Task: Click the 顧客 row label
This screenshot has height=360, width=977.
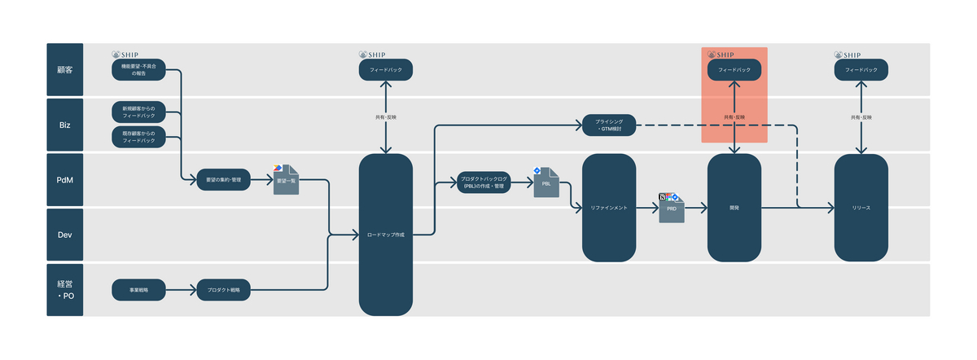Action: tap(64, 70)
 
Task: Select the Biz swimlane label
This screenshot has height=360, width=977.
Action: tap(64, 125)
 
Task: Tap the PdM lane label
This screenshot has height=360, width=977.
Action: tap(64, 179)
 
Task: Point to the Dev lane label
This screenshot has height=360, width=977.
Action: tap(64, 235)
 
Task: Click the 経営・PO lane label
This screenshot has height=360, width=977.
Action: tap(64, 289)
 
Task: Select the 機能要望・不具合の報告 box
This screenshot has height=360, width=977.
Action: tap(138, 70)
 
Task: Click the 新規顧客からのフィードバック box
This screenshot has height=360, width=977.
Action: tap(138, 111)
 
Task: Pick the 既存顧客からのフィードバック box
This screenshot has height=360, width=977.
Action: tap(138, 137)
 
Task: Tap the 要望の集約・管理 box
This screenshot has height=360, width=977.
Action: tap(223, 179)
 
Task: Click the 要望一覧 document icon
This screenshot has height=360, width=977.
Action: tap(286, 181)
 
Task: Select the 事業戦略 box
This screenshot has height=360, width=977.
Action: tap(138, 288)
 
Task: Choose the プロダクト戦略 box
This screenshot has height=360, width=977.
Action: tap(223, 288)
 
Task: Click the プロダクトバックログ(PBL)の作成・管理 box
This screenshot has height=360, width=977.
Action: tap(484, 182)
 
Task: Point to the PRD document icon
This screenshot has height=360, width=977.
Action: tap(672, 209)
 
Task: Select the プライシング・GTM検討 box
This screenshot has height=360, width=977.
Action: tap(608, 125)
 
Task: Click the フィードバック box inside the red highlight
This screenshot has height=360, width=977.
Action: tap(734, 70)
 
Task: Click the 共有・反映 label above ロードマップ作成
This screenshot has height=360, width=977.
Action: tap(386, 118)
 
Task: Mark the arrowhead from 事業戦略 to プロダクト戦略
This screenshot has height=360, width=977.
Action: tap(193, 288)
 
